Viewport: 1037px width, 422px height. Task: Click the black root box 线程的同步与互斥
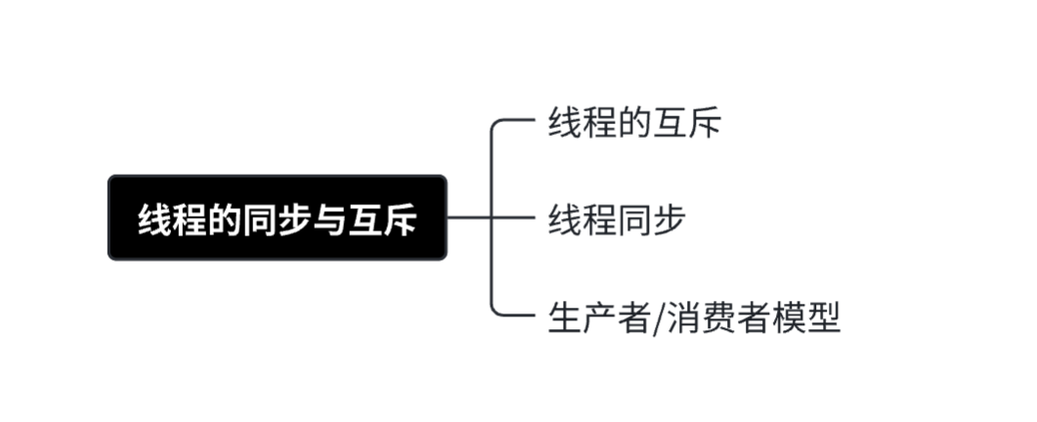click(277, 218)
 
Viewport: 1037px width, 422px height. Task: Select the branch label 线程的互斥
click(634, 124)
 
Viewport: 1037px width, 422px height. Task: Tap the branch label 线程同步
click(616, 220)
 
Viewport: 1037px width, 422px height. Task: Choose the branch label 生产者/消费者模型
click(694, 317)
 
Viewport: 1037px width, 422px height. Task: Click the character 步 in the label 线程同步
click(668, 220)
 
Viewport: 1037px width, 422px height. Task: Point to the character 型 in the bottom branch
click(823, 317)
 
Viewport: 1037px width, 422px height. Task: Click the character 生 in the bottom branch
click(566, 317)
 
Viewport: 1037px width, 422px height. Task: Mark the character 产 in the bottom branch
click(600, 317)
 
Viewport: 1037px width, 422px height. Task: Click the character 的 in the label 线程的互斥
click(634, 124)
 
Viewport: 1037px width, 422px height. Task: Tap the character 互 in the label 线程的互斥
click(670, 124)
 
